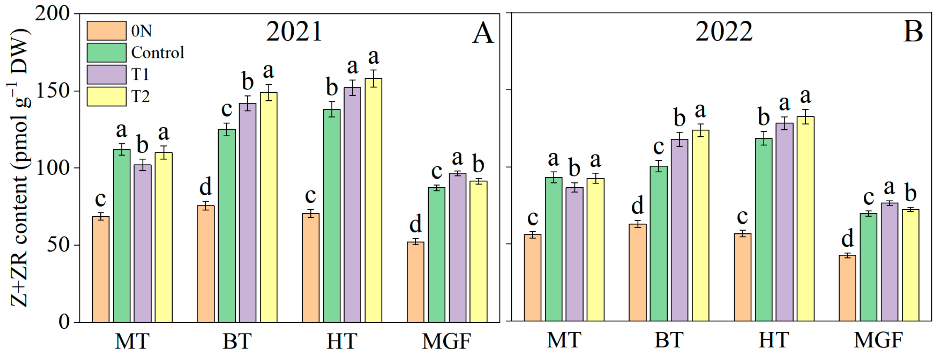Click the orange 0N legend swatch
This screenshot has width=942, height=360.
[x=106, y=31]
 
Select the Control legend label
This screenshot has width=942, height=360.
[x=157, y=53]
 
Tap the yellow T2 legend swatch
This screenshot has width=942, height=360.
[x=106, y=96]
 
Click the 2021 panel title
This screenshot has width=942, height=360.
[x=294, y=31]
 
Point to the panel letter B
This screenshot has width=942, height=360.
[x=913, y=31]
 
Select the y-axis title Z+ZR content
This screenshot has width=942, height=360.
[x=19, y=168]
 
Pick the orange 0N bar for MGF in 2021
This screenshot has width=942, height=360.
[x=415, y=282]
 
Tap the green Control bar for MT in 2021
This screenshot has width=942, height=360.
[x=122, y=236]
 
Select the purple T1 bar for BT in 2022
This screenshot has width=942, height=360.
[x=679, y=230]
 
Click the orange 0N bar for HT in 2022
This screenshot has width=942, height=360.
[x=742, y=278]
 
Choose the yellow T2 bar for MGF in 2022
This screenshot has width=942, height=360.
[x=911, y=265]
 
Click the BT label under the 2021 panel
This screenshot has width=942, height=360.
[x=237, y=341]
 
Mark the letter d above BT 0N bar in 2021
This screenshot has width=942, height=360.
[x=205, y=186]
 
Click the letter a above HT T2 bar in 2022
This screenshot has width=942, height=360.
[x=805, y=96]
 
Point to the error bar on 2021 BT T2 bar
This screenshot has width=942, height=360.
[x=268, y=92]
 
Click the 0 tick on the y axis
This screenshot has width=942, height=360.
[x=64, y=322]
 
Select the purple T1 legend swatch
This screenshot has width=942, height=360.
[x=106, y=74]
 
